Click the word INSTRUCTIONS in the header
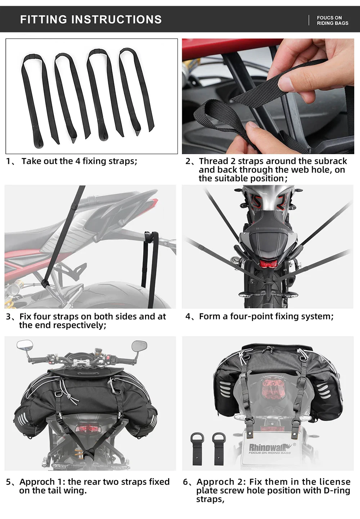click(x=116, y=19)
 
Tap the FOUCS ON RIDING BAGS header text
click(x=332, y=21)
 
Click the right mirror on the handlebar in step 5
click(x=139, y=346)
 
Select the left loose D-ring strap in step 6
click(x=197, y=448)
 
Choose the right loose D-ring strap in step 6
click(x=219, y=448)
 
